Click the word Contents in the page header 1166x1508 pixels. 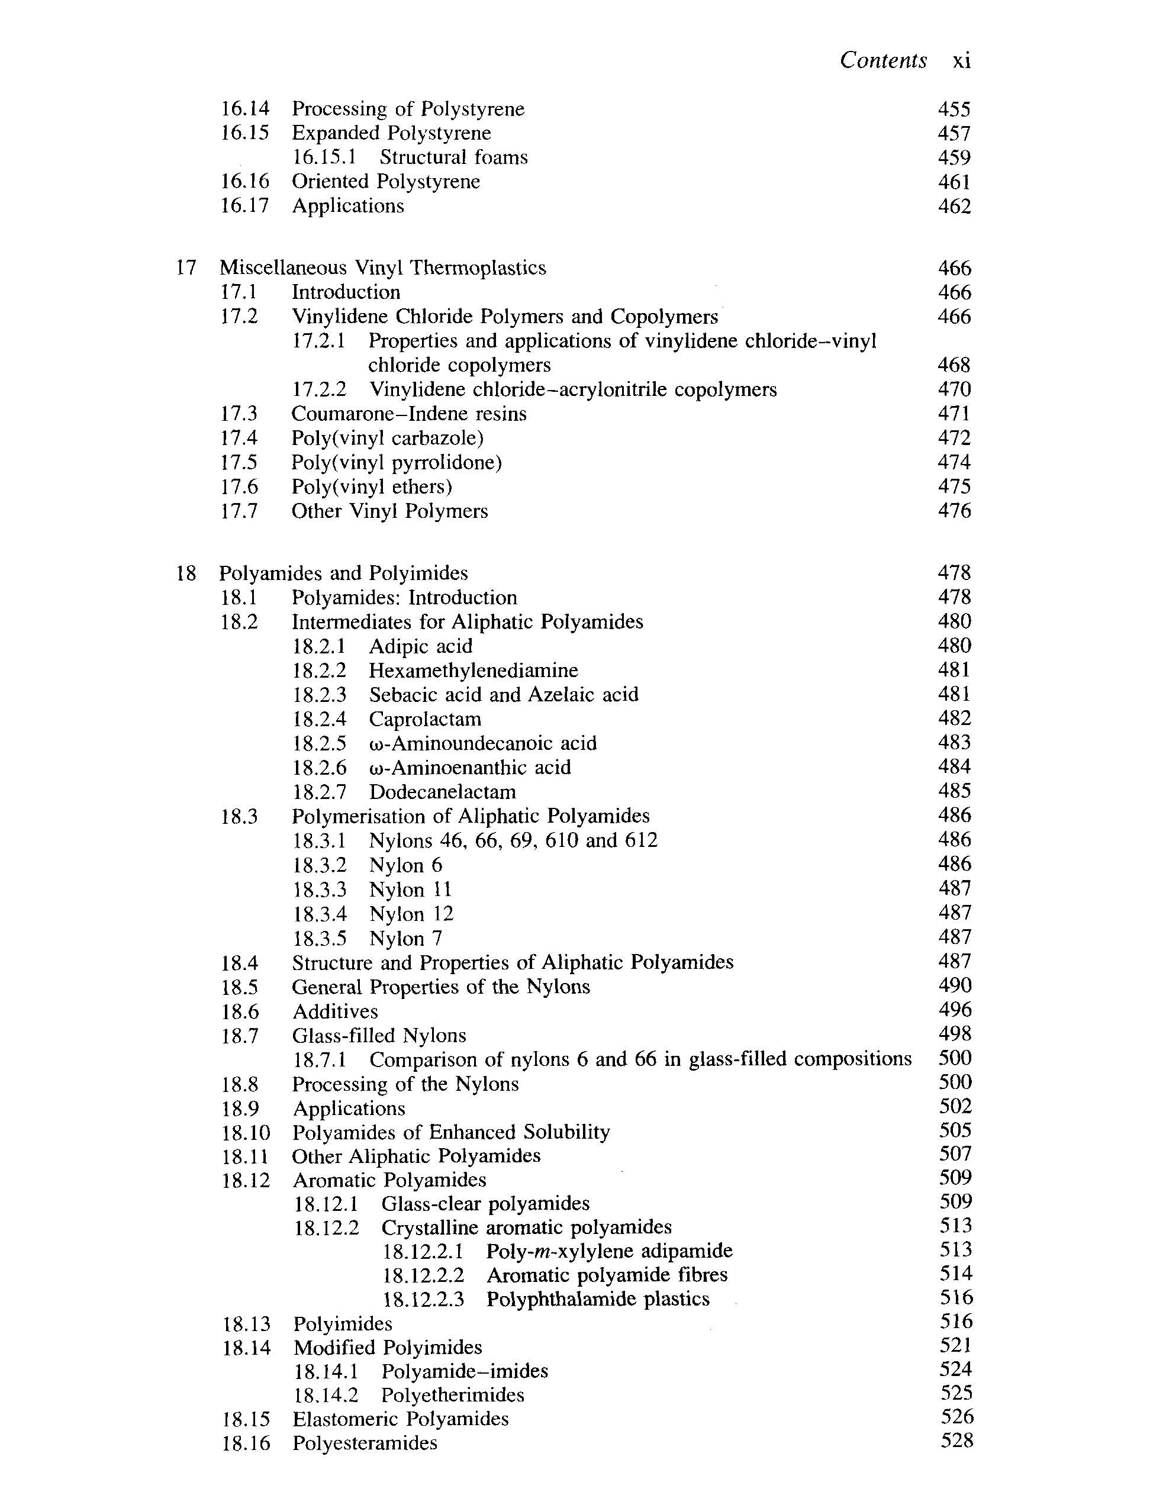point(883,61)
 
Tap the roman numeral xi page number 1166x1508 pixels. point(961,62)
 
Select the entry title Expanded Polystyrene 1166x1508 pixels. point(391,133)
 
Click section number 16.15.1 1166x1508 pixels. point(324,157)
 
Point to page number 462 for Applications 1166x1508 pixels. point(954,207)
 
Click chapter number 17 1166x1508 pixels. point(186,268)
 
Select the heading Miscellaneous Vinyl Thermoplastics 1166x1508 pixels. point(382,268)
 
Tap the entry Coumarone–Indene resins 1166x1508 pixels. point(408,414)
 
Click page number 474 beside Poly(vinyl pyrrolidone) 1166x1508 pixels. point(954,462)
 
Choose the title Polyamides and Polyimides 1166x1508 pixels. point(343,573)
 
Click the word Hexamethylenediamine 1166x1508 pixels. point(474,671)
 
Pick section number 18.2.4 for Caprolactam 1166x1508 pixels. point(320,718)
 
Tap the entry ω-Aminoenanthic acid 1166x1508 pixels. point(470,767)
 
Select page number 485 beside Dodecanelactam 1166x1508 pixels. point(954,791)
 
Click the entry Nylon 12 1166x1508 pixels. point(411,914)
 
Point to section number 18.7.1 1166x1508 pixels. point(320,1059)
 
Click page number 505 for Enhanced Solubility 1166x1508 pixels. point(955,1131)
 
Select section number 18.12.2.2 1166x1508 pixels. point(423,1275)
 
